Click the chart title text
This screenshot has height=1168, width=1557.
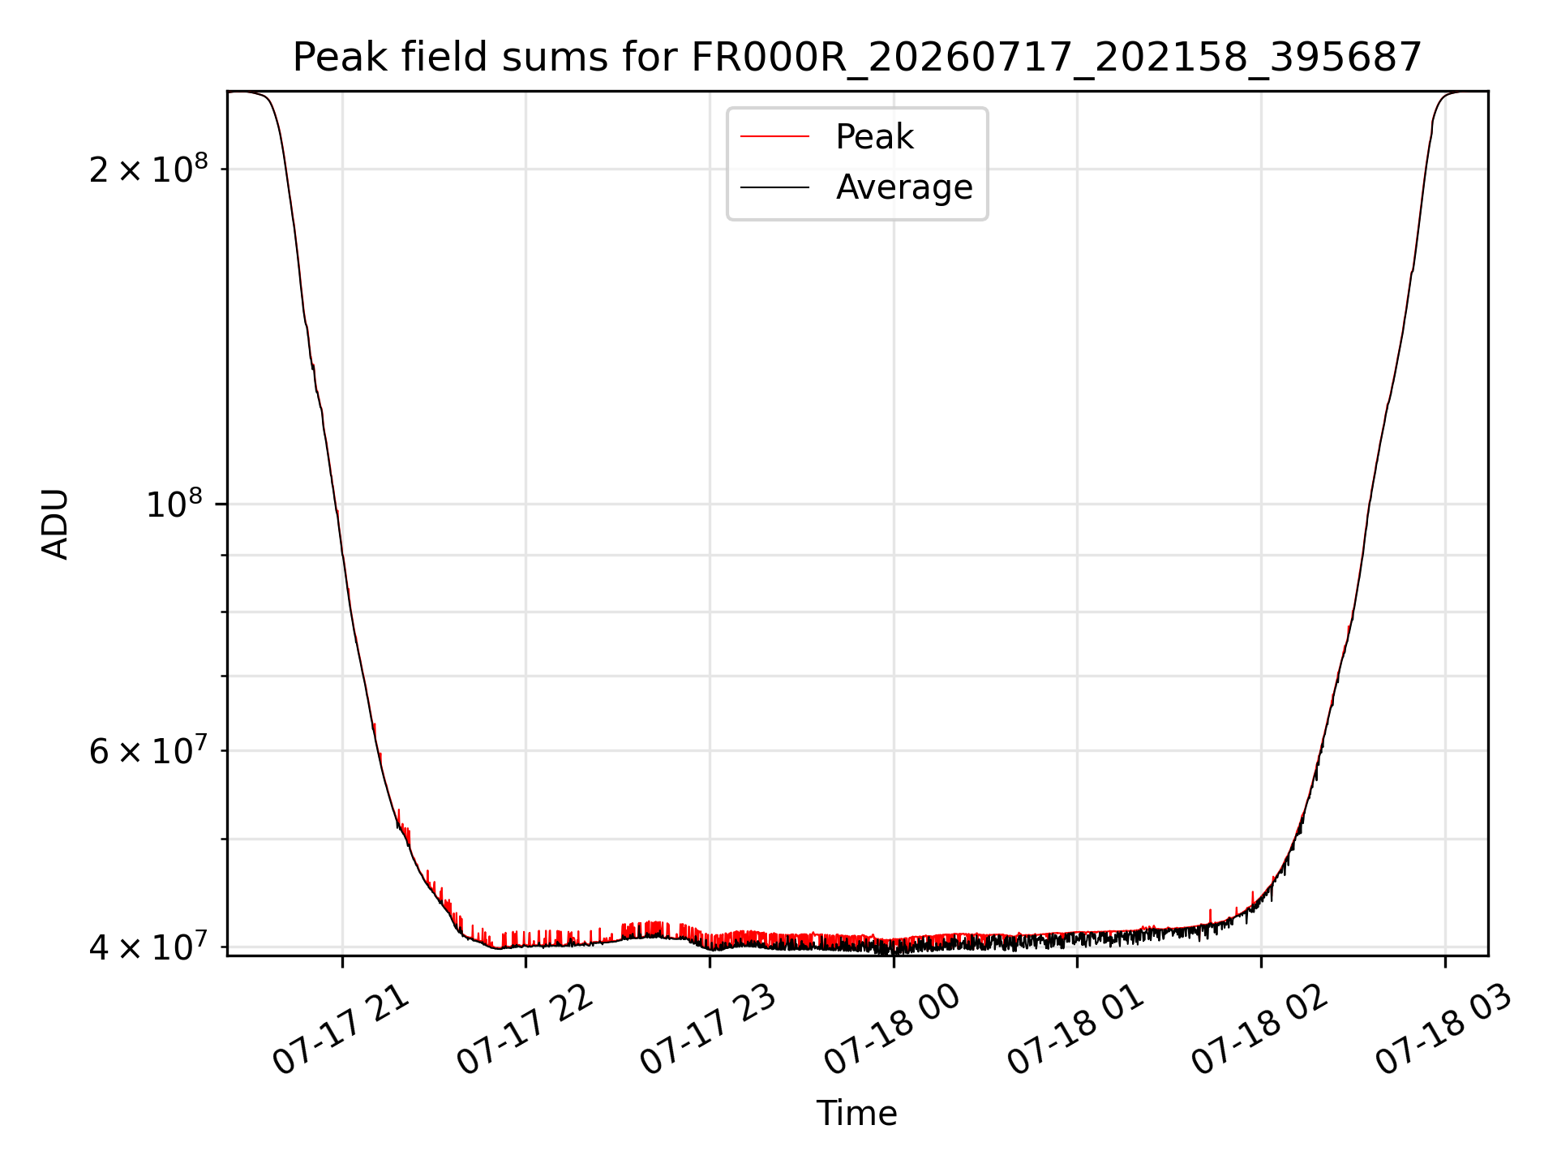[857, 58]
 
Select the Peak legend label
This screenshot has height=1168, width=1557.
[874, 137]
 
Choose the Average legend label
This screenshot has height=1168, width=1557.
[904, 187]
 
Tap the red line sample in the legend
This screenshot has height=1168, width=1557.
[774, 136]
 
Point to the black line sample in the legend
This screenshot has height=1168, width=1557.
[774, 187]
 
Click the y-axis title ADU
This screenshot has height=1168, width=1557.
[55, 524]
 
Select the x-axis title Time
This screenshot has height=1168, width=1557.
[857, 1114]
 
